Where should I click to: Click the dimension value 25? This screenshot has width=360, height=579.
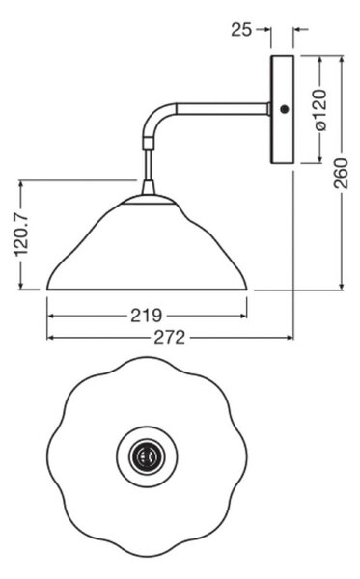(x=241, y=29)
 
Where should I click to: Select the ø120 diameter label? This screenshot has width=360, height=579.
(x=320, y=110)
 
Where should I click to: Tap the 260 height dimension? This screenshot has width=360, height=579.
(x=341, y=173)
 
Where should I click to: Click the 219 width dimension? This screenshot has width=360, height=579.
(x=147, y=316)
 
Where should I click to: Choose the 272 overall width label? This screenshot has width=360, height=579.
(x=169, y=337)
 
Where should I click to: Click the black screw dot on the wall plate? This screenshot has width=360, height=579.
(x=284, y=109)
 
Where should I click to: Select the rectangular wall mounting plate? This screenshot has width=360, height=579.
(x=282, y=110)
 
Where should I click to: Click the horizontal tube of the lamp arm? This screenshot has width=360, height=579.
(x=223, y=109)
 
